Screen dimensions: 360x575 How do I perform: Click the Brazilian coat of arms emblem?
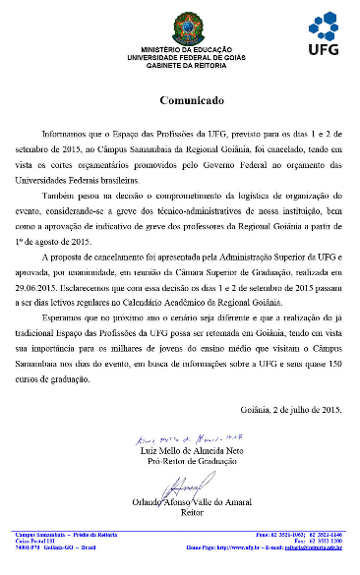pyautogui.click(x=181, y=24)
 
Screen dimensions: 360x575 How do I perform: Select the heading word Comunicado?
pyautogui.click(x=180, y=100)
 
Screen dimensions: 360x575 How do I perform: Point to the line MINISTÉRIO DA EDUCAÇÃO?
pyautogui.click(x=181, y=48)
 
